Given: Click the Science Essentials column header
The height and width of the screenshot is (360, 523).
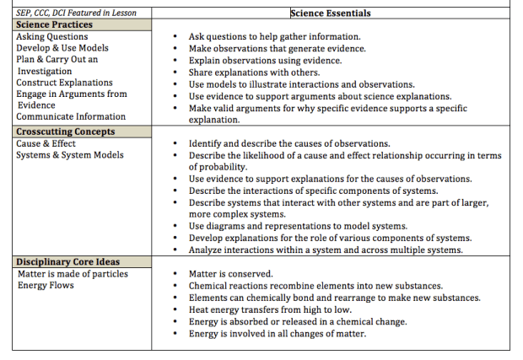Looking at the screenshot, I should (330, 13).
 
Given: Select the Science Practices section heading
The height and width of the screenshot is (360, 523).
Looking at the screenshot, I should (55, 25).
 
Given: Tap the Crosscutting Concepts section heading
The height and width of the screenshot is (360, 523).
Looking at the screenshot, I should (65, 132).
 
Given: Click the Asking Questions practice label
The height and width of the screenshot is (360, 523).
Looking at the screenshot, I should (51, 37).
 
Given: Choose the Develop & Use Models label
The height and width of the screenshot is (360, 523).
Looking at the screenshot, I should (62, 48).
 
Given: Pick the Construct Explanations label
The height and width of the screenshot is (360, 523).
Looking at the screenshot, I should (64, 83).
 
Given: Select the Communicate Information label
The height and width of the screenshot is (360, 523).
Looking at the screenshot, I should (71, 117).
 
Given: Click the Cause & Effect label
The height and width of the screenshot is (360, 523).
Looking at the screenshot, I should (47, 143).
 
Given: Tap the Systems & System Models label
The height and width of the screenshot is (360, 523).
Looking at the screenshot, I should (70, 155).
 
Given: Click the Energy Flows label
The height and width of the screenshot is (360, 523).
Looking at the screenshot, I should (46, 286).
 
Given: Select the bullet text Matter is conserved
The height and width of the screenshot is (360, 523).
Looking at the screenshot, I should (230, 274).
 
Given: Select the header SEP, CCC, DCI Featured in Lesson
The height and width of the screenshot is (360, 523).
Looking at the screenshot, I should (77, 13).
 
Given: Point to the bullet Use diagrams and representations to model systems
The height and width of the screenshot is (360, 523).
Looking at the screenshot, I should (298, 226).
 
